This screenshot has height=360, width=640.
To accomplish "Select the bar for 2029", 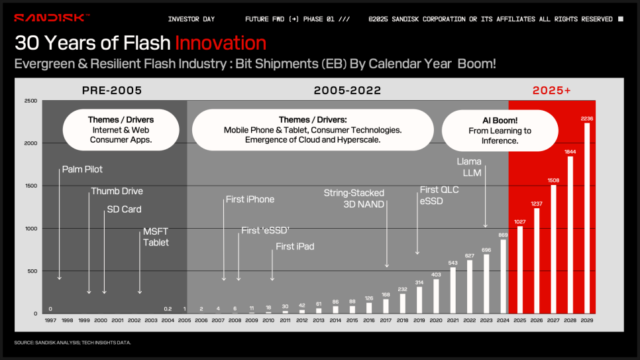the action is (587, 218).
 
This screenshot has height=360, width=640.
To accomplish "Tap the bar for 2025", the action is (520, 270).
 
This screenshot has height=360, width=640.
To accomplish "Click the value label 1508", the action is (553, 180).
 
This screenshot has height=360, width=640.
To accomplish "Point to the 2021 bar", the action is (453, 290).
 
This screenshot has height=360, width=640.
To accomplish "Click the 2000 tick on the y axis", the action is (30, 143).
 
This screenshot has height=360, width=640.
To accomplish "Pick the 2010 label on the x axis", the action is (268, 320).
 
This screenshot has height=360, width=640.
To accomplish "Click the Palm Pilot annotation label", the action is (82, 169).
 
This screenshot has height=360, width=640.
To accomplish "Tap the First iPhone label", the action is (250, 200).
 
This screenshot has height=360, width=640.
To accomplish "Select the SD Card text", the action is (124, 210).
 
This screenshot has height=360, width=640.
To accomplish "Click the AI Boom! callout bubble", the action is (500, 131).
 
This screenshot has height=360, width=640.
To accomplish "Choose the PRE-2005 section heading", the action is (112, 90).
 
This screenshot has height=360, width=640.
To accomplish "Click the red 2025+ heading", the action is (551, 90).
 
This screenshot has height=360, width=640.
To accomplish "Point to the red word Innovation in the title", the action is (221, 43).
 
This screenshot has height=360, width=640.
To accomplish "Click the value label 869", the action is (504, 235).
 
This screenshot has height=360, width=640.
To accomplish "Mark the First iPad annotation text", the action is (295, 247).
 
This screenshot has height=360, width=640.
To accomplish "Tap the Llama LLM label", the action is (469, 167).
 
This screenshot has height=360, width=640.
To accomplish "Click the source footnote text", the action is (73, 342).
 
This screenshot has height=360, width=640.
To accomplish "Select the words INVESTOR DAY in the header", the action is (191, 19).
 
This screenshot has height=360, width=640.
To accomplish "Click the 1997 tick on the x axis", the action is (50, 320).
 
